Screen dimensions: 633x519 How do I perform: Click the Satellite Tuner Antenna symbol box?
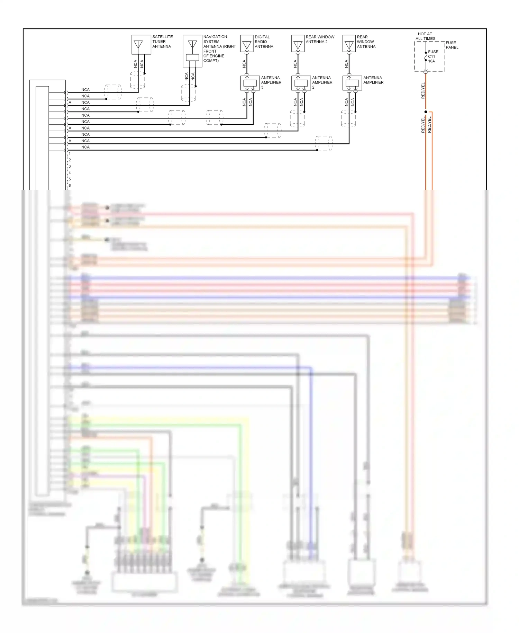pyautogui.click(x=141, y=45)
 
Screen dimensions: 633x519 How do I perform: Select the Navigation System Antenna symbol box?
pyautogui.click(x=192, y=51)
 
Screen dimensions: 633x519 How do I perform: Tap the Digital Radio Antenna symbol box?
pyautogui.click(x=247, y=44)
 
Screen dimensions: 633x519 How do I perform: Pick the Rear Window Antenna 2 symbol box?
pyautogui.click(x=298, y=44)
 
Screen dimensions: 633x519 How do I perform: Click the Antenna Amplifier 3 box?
pyautogui.click(x=250, y=83)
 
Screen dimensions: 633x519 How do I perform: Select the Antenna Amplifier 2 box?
pyautogui.click(x=301, y=83)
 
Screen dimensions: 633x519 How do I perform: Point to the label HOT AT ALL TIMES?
pyautogui.click(x=425, y=36)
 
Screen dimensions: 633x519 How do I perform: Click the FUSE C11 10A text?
pyautogui.click(x=433, y=56)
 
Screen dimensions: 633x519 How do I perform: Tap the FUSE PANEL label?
pyautogui.click(x=452, y=45)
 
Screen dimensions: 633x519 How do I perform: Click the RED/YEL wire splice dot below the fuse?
pyautogui.click(x=426, y=112)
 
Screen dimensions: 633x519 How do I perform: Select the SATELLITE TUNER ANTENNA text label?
pyautogui.click(x=162, y=42)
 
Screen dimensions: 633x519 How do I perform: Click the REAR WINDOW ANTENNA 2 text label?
pyautogui.click(x=320, y=39)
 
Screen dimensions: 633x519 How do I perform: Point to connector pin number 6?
pyautogui.click(x=70, y=186)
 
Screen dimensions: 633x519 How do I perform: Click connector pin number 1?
pyautogui.click(x=70, y=153)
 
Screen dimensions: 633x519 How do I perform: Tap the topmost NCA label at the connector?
pyautogui.click(x=85, y=90)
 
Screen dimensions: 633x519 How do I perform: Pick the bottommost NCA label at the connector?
pyautogui.click(x=85, y=147)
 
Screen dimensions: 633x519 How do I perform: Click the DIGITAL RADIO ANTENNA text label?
pyautogui.click(x=264, y=42)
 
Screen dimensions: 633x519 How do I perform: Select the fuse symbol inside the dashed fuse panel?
pyautogui.click(x=426, y=56)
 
